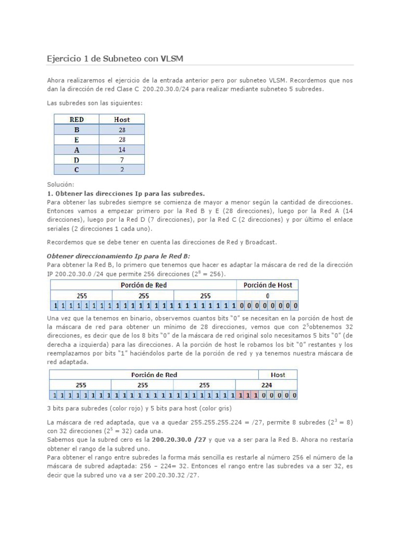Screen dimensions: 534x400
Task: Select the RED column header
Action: [x=77, y=119]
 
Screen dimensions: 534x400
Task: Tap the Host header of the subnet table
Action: [x=122, y=119]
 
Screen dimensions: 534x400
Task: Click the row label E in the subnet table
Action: [x=77, y=139]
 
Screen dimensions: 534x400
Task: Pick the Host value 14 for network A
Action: [x=122, y=150]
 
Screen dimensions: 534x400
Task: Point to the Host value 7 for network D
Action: [x=122, y=160]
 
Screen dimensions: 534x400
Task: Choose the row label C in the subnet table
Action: [x=77, y=169]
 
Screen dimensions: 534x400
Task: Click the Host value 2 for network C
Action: [x=122, y=169]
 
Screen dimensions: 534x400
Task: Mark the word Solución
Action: [x=61, y=185]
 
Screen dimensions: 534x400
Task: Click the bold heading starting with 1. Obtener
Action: [x=126, y=193]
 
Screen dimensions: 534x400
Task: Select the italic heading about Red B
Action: [x=119, y=256]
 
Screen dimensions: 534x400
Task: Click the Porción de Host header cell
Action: [x=268, y=285]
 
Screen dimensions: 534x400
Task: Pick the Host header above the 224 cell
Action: [x=278, y=374]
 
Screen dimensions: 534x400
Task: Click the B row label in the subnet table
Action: [x=77, y=129]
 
